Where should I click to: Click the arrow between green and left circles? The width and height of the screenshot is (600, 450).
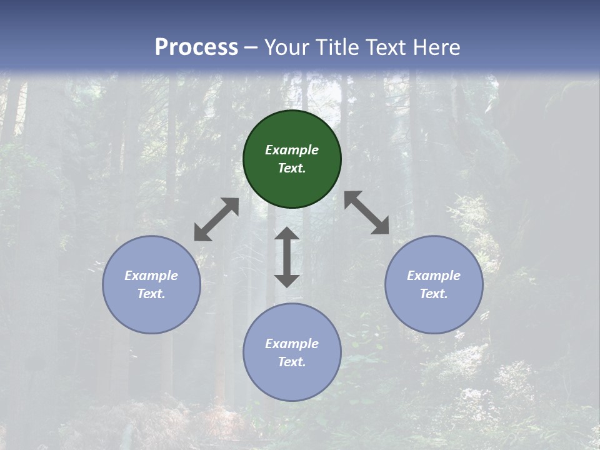tap(216, 219)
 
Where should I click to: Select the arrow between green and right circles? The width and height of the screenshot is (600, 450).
tap(367, 213)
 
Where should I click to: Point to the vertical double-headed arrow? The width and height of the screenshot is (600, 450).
tap(287, 257)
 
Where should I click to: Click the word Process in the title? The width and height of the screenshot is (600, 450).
tap(196, 47)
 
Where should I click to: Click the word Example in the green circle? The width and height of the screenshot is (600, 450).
tap(292, 150)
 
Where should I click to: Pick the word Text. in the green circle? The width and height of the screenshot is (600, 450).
tap(292, 168)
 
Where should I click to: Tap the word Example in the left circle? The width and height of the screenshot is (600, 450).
tap(151, 276)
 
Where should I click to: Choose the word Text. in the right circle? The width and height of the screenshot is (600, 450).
tap(434, 294)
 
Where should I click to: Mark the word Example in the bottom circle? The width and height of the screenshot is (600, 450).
tap(292, 344)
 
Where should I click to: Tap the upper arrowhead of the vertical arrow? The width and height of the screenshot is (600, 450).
tap(287, 234)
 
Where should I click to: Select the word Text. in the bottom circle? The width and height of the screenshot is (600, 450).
tap(292, 362)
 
